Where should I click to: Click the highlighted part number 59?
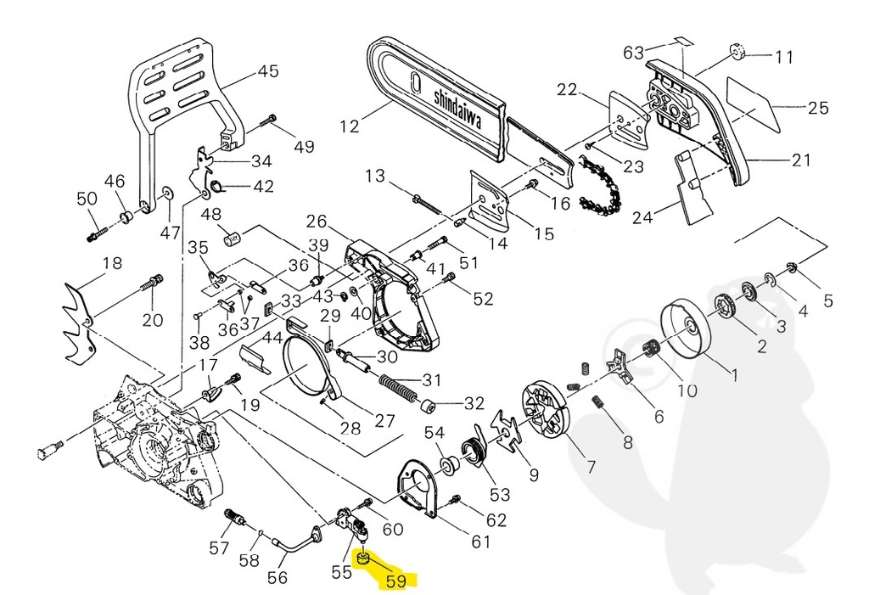(401, 581)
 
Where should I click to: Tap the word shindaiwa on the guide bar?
(458, 108)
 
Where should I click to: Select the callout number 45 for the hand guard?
(268, 71)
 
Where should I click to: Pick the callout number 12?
(350, 126)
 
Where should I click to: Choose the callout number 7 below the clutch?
(591, 466)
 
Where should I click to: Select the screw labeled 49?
(271, 119)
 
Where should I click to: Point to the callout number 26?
(317, 222)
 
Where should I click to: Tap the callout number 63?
(633, 53)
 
